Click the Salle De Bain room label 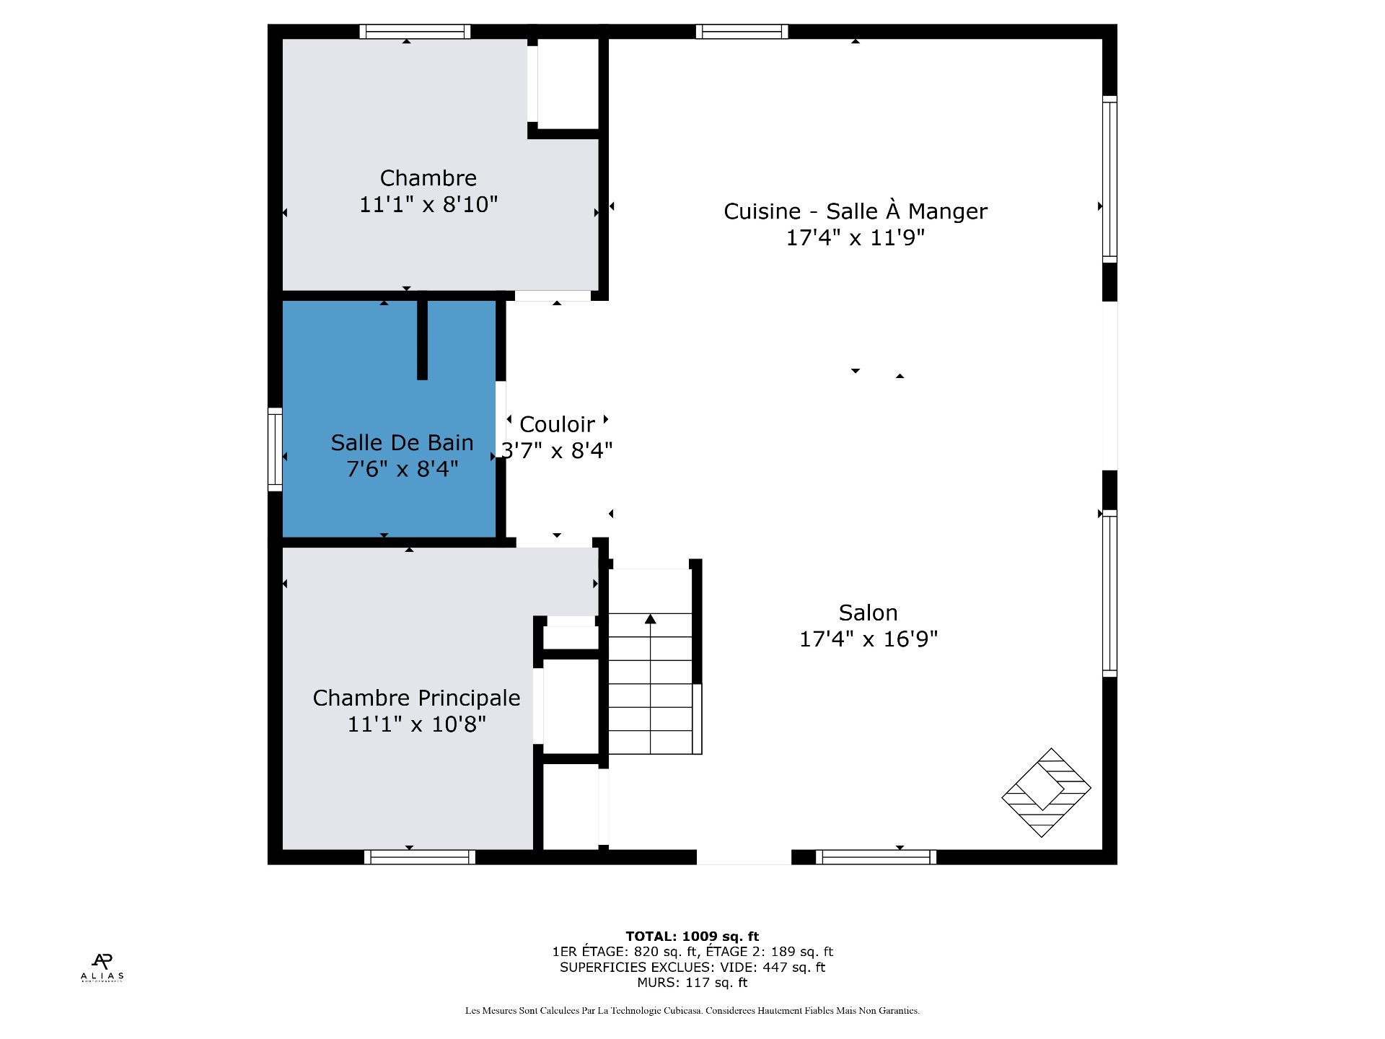pyautogui.click(x=402, y=442)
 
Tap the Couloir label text pyautogui.click(x=557, y=424)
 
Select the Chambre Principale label pyautogui.click(x=416, y=698)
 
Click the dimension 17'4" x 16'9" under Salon pyautogui.click(x=868, y=639)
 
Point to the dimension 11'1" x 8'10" pyautogui.click(x=428, y=204)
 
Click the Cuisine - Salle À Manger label pyautogui.click(x=855, y=211)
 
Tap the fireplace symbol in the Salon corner pyautogui.click(x=1046, y=792)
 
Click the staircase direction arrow pyautogui.click(x=650, y=619)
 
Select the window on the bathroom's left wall pyautogui.click(x=275, y=450)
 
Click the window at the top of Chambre pyautogui.click(x=415, y=32)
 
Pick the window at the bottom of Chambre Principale pyautogui.click(x=419, y=857)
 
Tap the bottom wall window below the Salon pyautogui.click(x=876, y=857)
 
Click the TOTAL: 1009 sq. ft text pyautogui.click(x=692, y=937)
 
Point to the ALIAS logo pyautogui.click(x=102, y=968)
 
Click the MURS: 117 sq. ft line pyautogui.click(x=692, y=983)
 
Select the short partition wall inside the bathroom pyautogui.click(x=423, y=339)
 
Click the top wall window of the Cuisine pyautogui.click(x=742, y=32)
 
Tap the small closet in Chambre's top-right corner pyautogui.click(x=568, y=84)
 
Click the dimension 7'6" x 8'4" pyautogui.click(x=402, y=469)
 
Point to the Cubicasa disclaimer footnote pyautogui.click(x=692, y=1011)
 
